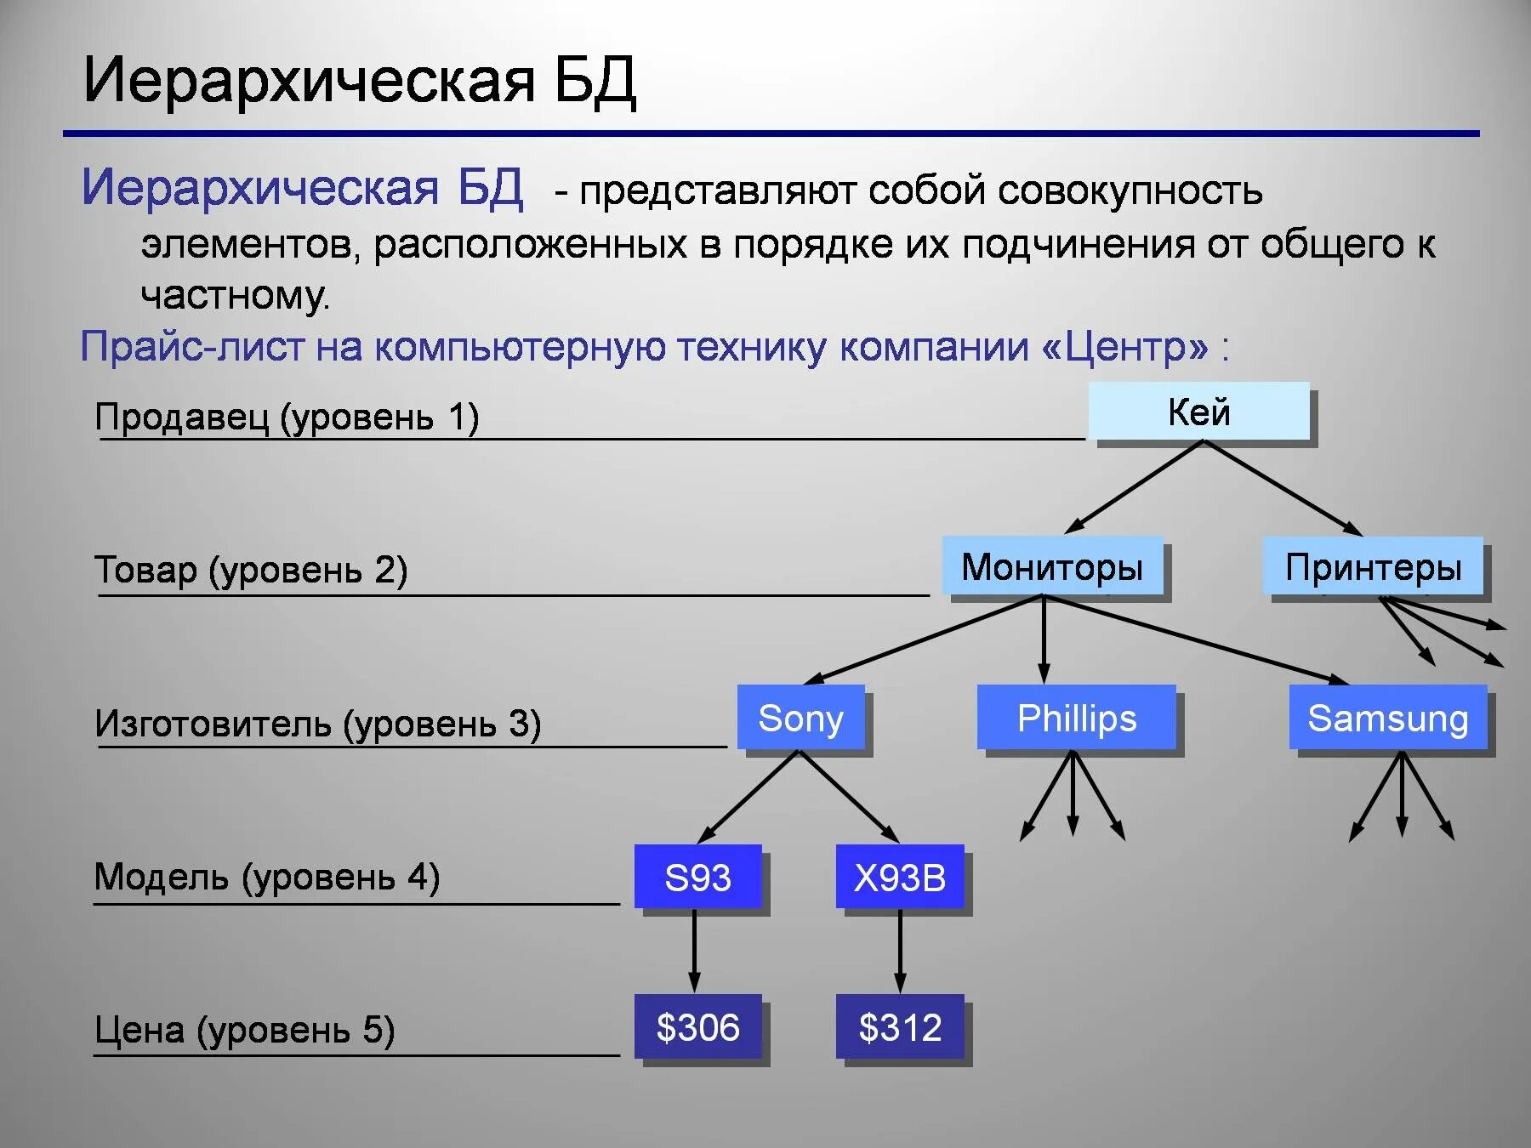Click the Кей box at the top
(1198, 412)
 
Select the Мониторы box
(1052, 566)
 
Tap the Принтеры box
(1373, 566)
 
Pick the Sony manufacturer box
(800, 718)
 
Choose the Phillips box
(1076, 718)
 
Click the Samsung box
(1387, 718)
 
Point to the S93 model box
(697, 877)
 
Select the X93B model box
(900, 877)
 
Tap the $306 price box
(697, 1027)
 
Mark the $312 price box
(900, 1027)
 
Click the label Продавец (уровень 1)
(287, 418)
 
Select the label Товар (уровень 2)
(251, 570)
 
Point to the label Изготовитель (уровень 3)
(317, 724)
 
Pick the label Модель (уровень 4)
(266, 877)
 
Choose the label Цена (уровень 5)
(244, 1030)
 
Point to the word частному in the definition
(234, 296)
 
